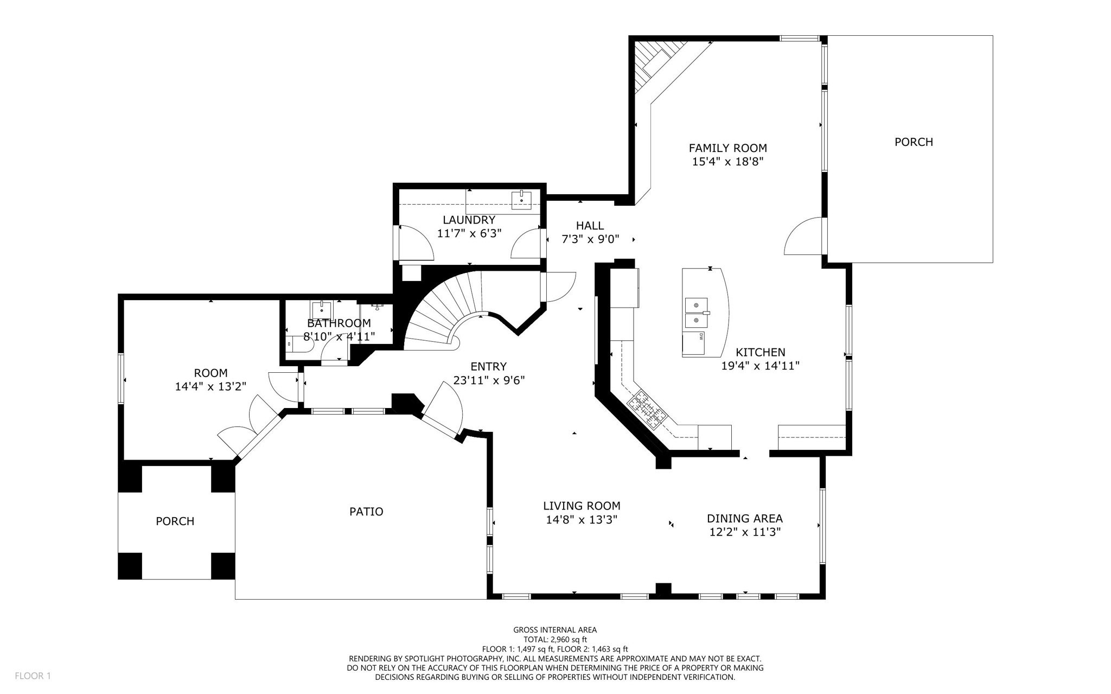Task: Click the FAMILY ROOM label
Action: (x=727, y=148)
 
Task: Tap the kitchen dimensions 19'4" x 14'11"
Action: (x=760, y=366)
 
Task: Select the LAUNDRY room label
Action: (x=469, y=220)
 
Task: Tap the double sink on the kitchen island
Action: (x=696, y=313)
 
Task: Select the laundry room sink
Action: (x=521, y=200)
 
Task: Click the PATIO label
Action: (x=366, y=511)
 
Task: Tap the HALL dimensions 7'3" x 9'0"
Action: (x=590, y=239)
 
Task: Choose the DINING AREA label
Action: (x=744, y=518)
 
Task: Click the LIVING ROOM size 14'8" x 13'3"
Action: (x=582, y=520)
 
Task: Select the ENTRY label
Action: (x=488, y=366)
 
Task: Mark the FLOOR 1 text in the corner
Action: (x=33, y=676)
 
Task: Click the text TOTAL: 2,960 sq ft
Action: (x=555, y=639)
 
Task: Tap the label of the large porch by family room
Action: (x=914, y=142)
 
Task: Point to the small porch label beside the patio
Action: (x=175, y=521)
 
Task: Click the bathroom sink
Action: (x=322, y=310)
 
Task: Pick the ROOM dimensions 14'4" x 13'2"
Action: (x=210, y=386)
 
